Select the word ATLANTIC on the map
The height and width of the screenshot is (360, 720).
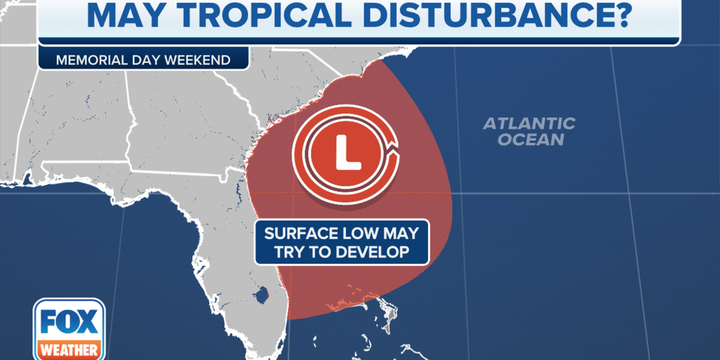[529, 124]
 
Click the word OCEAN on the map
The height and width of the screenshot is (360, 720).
[531, 139]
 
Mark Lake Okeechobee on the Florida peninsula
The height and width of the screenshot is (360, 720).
[262, 293]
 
